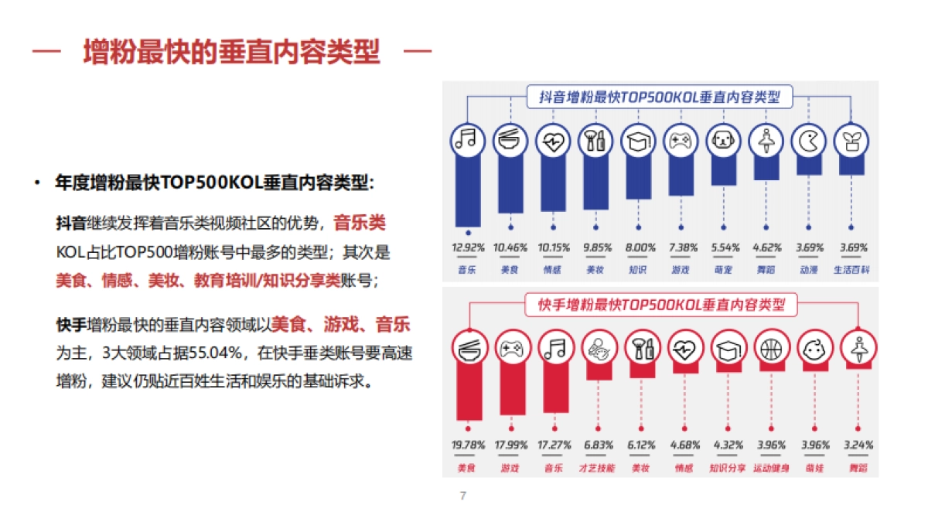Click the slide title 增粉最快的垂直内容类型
(232, 53)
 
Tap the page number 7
(462, 496)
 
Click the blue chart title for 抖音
(660, 97)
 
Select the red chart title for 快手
(660, 304)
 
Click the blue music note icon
(467, 140)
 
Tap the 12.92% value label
(467, 248)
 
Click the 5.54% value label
(724, 248)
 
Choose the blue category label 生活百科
(851, 270)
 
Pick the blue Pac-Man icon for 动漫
(808, 140)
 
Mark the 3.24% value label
(857, 445)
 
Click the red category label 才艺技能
(596, 468)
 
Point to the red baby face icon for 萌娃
(814, 347)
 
